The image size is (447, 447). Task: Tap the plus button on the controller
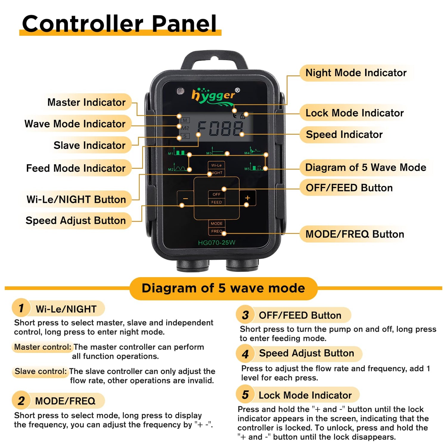coord(247,198)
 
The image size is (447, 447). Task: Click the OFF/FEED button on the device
coord(216,198)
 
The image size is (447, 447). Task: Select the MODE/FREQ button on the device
coord(217,227)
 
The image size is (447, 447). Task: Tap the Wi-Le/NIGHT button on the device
coord(216,169)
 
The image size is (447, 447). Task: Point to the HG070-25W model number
coord(217,243)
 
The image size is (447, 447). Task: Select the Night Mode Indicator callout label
coord(356,73)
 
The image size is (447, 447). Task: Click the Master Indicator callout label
coord(86,102)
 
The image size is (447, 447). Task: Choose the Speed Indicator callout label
coord(344,134)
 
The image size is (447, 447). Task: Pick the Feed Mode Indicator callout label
coord(76,168)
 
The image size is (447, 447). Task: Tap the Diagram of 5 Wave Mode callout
coord(366,167)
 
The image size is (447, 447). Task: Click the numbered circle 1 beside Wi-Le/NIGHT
coord(21,308)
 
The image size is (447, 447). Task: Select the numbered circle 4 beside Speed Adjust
coord(245,354)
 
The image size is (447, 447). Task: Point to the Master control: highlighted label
coord(43,347)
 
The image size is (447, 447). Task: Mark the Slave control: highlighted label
coord(41,371)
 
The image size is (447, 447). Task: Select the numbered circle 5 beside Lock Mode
coord(245,395)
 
